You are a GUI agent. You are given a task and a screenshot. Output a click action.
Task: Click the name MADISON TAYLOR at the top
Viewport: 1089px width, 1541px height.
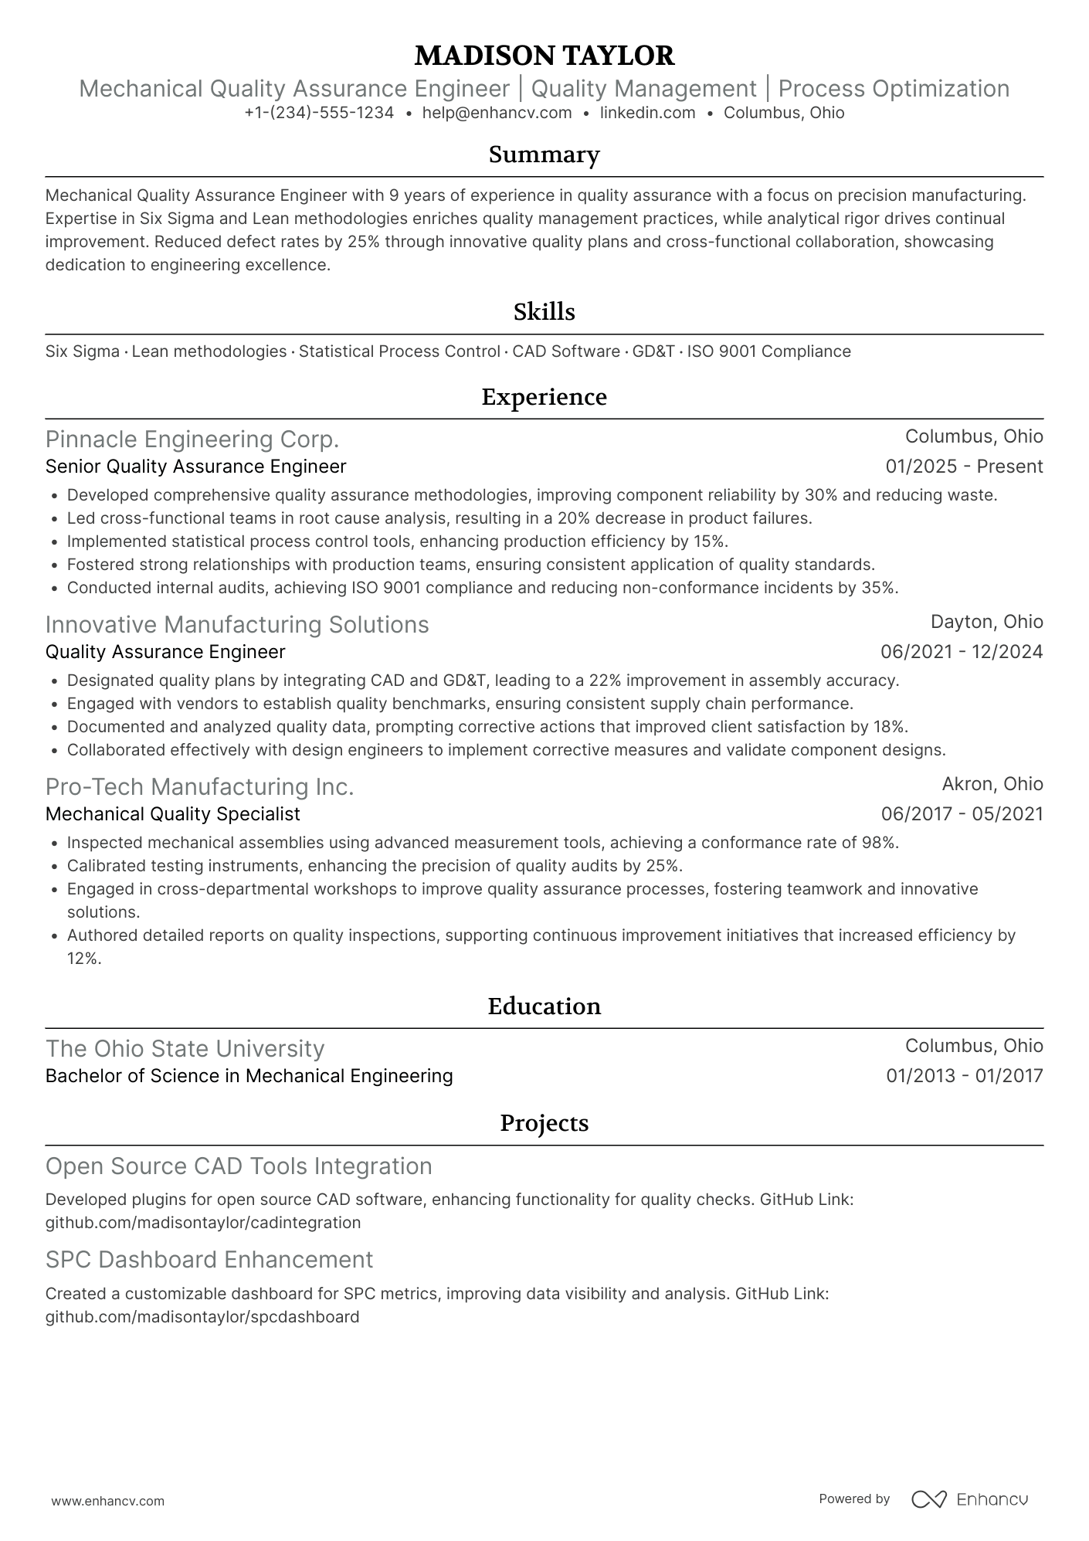coord(544,56)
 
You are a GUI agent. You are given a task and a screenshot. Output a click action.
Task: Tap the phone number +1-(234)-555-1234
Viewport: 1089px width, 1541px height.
coord(319,113)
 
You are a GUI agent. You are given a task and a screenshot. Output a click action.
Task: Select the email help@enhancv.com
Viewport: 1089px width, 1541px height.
coord(497,113)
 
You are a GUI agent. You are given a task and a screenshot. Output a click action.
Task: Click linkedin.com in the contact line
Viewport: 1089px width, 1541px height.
coord(647,113)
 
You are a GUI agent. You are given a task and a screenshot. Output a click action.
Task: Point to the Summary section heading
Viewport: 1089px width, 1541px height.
coord(544,154)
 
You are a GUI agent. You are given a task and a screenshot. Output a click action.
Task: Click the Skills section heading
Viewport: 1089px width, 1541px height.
coord(544,312)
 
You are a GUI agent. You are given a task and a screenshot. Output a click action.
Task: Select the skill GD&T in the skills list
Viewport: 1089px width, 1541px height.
coord(653,351)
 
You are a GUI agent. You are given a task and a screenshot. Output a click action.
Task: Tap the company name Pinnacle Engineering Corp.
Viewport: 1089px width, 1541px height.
coord(192,440)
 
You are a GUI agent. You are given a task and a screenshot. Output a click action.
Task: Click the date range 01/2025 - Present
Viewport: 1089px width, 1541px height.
coord(964,467)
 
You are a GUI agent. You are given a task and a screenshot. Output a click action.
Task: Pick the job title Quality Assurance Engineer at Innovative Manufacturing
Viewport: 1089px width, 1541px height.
coord(165,652)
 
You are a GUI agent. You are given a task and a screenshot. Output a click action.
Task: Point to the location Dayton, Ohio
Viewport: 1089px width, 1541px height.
coord(986,622)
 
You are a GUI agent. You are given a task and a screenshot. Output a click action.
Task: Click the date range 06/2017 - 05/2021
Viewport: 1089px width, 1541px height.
coord(962,814)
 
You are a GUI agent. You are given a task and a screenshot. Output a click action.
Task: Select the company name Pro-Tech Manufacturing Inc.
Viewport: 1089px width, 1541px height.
coord(199,787)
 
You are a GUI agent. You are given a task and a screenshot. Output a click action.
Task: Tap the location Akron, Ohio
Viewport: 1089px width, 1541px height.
coord(992,784)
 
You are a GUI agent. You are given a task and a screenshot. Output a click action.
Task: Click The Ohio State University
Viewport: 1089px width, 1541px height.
coord(185,1049)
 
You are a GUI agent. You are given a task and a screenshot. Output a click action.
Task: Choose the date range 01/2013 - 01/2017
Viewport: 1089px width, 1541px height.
coord(964,1076)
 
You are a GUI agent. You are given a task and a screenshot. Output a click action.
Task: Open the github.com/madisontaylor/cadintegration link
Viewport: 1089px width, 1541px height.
coord(203,1223)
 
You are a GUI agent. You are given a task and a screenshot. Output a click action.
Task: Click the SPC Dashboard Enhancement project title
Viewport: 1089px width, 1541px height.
coord(209,1260)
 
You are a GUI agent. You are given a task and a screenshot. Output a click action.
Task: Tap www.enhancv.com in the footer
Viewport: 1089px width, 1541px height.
coord(107,1501)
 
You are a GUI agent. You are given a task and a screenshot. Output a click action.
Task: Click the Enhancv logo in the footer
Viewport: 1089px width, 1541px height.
coord(969,1499)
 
